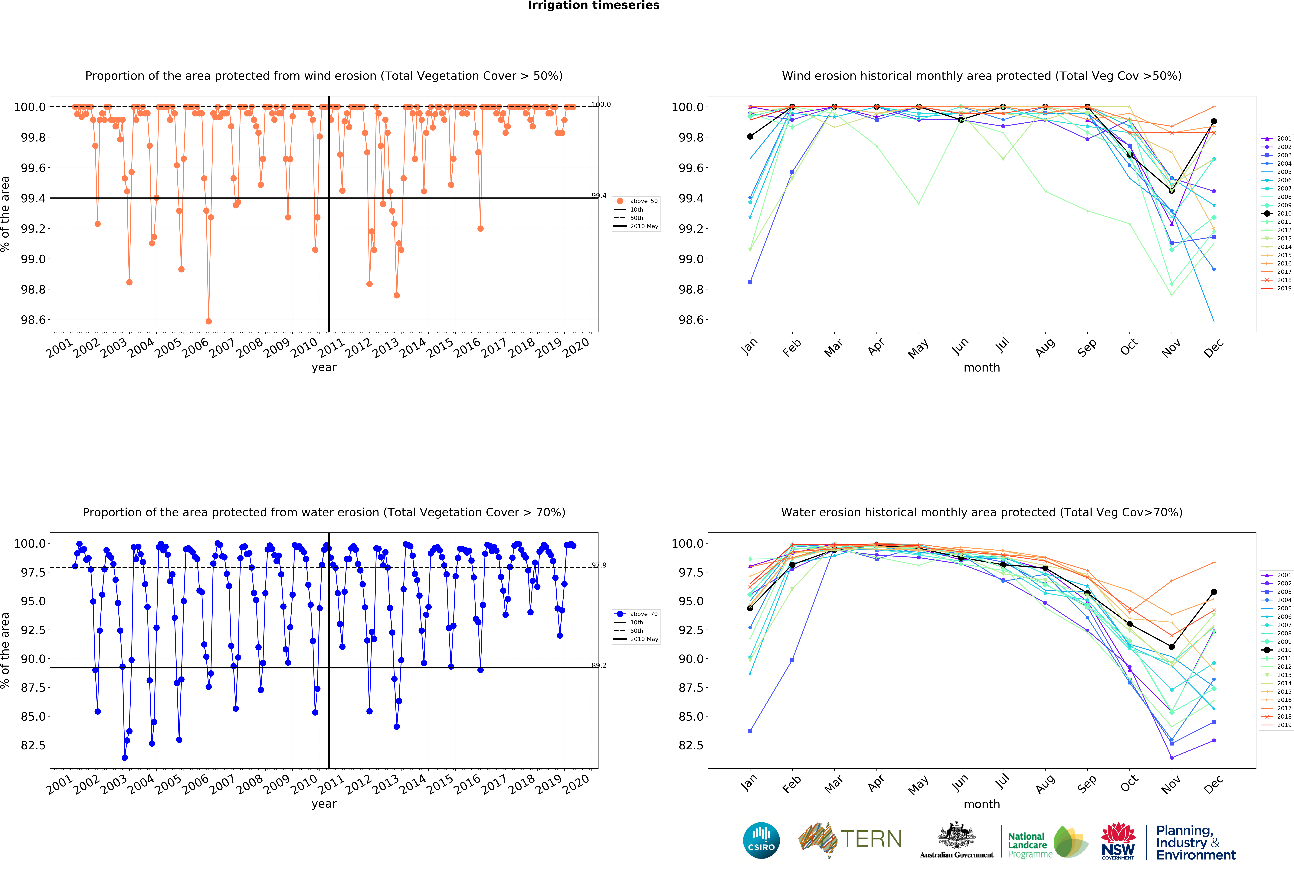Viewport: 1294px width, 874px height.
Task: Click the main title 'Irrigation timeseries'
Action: point(594,6)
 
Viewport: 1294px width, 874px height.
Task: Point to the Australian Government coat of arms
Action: point(956,835)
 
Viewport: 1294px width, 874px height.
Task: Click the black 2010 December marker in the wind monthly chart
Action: point(1214,121)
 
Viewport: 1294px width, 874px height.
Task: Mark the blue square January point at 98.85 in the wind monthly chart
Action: point(750,282)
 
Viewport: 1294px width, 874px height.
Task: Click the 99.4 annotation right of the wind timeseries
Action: point(599,195)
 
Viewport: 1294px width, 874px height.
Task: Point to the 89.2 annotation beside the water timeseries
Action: point(599,665)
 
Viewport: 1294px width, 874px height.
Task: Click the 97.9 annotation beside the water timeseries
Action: point(599,565)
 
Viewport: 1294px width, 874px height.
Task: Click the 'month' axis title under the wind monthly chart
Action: point(982,367)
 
